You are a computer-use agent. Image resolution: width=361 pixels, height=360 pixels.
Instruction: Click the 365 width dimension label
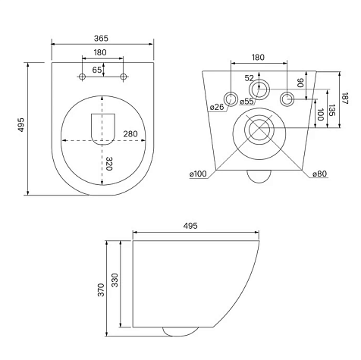click(x=101, y=39)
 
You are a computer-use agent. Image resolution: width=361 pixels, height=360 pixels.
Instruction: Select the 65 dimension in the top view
click(x=97, y=70)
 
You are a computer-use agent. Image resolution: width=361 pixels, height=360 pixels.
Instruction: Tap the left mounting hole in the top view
click(x=82, y=77)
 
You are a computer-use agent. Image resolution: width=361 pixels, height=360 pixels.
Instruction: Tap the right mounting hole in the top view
click(x=124, y=77)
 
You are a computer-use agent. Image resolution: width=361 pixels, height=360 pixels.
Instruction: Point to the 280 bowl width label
click(x=130, y=134)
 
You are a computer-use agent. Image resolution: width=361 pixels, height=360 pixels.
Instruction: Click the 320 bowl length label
click(x=109, y=164)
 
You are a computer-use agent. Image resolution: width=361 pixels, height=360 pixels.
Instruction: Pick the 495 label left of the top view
click(x=20, y=124)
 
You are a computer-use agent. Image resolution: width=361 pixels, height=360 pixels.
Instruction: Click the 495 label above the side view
click(x=190, y=226)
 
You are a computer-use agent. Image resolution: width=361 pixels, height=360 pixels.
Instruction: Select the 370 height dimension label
click(x=101, y=290)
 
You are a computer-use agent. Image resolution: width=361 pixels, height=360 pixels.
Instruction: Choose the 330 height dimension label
click(x=115, y=280)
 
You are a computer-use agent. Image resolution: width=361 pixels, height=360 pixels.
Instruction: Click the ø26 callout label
click(x=217, y=107)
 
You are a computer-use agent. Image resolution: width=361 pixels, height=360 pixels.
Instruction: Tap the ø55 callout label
click(x=246, y=102)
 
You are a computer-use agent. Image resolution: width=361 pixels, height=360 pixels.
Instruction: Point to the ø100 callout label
click(x=198, y=174)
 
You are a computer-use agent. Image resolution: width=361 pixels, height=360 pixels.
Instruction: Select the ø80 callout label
click(x=319, y=174)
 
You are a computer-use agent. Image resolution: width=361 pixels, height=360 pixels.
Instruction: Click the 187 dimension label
click(x=345, y=99)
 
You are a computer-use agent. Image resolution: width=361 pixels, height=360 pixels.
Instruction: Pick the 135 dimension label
click(x=332, y=110)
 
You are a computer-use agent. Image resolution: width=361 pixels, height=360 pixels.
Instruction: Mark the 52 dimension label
click(x=249, y=78)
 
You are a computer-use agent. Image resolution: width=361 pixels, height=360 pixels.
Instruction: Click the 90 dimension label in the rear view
click(x=300, y=83)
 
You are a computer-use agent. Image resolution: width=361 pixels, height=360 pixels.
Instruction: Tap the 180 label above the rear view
click(x=258, y=58)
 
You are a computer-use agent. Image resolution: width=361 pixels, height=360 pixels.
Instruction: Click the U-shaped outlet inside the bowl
click(x=103, y=130)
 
